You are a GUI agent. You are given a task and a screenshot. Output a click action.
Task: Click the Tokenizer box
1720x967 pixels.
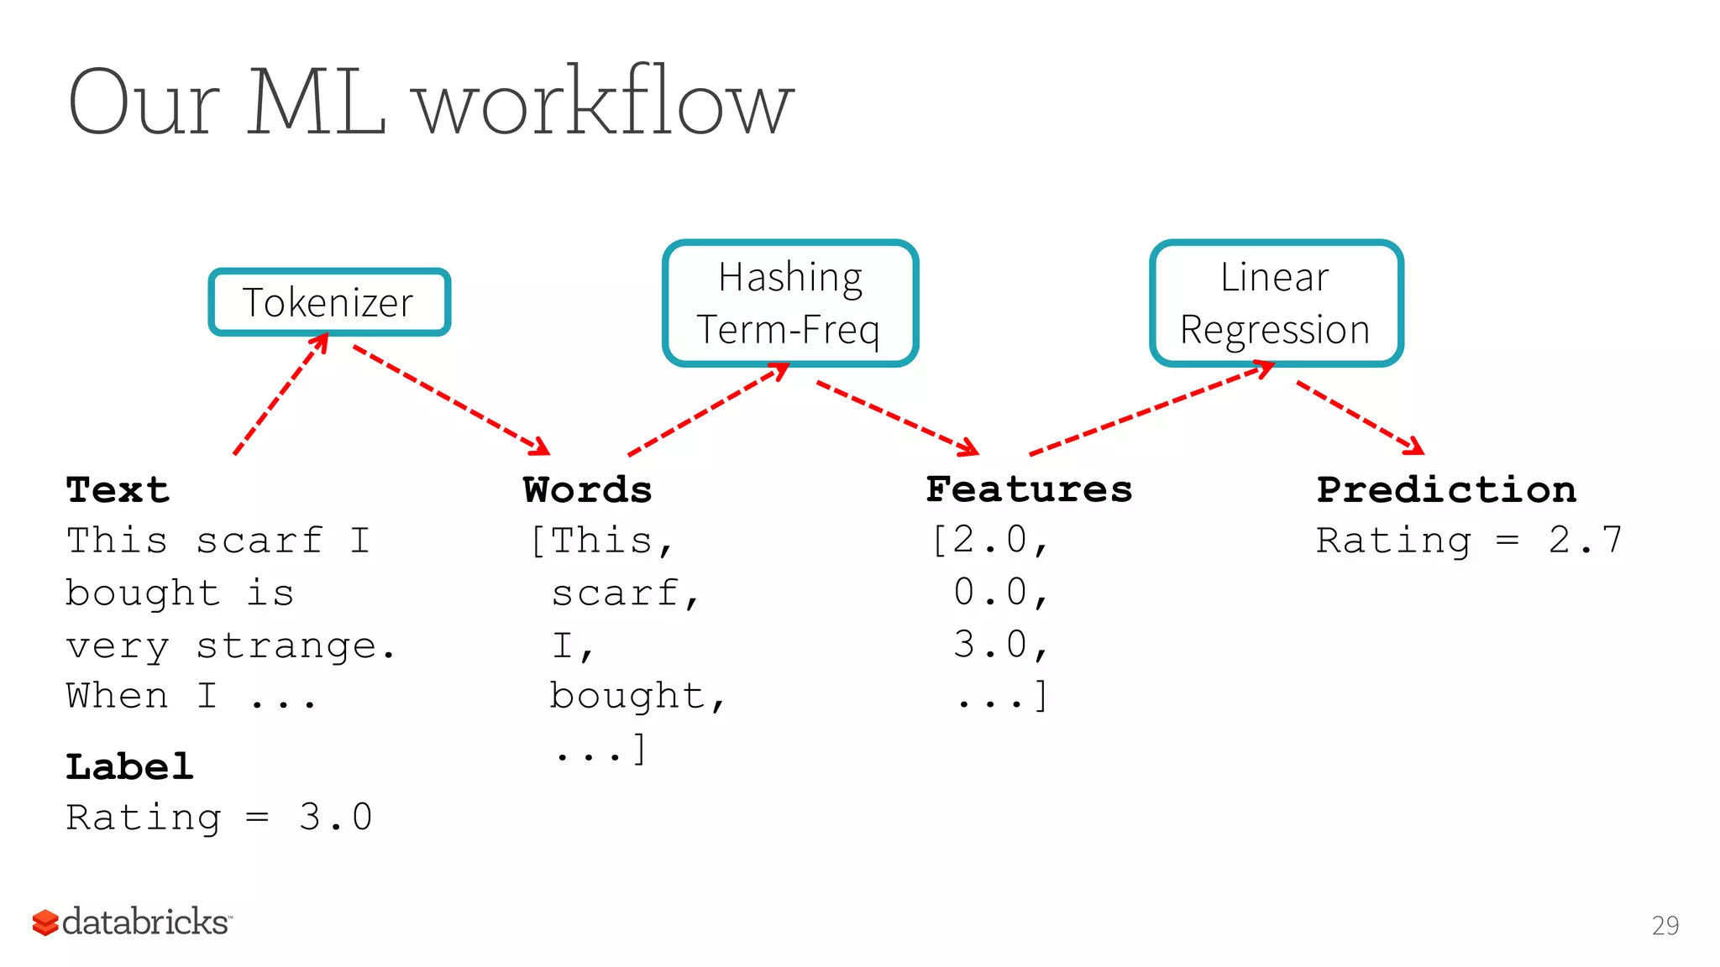pos(329,302)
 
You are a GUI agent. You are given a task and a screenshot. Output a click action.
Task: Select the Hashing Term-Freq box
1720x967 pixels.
pos(789,303)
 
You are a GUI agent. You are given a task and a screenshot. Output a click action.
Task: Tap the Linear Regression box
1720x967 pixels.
pos(1276,303)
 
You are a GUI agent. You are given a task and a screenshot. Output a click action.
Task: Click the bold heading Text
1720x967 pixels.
pos(118,489)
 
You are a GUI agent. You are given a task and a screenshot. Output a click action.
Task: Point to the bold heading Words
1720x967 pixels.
pos(587,489)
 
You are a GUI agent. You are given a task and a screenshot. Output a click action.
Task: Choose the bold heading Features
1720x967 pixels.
pos(1029,489)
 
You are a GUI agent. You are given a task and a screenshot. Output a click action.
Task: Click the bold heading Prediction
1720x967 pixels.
pos(1446,489)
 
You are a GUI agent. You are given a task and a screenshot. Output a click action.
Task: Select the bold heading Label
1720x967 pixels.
pos(129,766)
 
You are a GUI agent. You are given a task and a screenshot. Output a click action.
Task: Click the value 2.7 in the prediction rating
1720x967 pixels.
pos(1585,541)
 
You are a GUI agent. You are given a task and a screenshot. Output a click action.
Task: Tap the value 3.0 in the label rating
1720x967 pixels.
pos(335,818)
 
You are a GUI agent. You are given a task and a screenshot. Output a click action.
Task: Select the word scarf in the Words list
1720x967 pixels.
pos(616,593)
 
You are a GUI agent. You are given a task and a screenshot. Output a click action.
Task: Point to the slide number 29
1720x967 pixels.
pos(1665,926)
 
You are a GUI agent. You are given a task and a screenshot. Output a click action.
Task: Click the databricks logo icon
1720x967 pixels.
pos(45,923)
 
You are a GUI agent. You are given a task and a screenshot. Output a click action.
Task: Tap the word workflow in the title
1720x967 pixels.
pos(605,102)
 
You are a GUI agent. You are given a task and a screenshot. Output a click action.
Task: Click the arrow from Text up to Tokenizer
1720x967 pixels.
pos(281,395)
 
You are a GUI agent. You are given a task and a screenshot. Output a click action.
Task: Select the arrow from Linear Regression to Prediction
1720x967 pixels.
pos(1360,417)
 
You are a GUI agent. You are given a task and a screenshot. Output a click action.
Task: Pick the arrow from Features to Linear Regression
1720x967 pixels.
pos(1151,409)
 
